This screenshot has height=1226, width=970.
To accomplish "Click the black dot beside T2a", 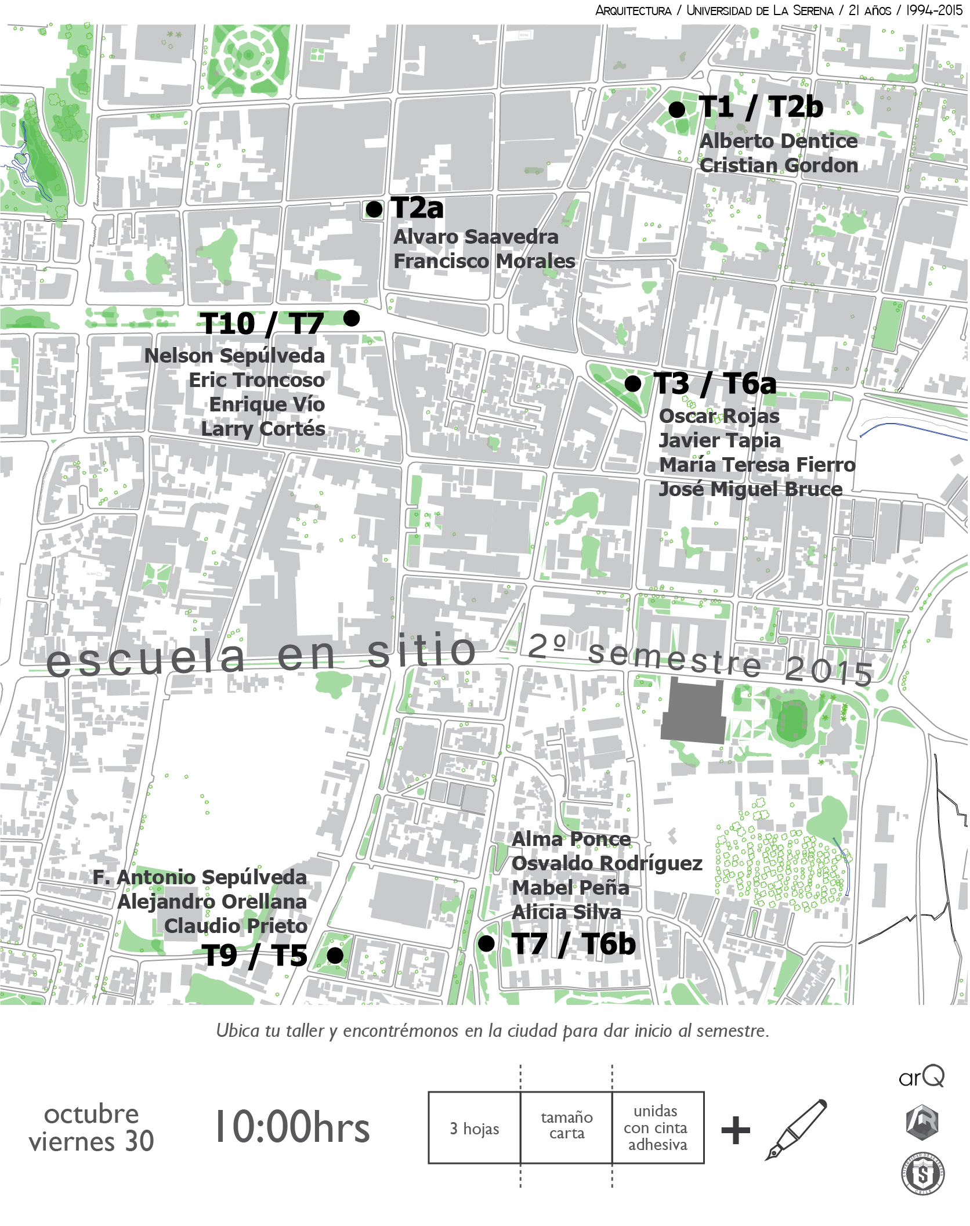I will pos(374,209).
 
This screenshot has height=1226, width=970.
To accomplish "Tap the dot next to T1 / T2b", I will pos(676,109).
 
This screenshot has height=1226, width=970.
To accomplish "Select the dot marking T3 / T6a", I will pos(632,384).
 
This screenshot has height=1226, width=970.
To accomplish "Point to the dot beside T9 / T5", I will pos(335,955).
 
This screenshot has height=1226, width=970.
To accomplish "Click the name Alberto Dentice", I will pos(778,141).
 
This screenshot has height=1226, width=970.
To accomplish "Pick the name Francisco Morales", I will pos(484,261).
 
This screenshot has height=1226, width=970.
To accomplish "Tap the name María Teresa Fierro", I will pos(757,465).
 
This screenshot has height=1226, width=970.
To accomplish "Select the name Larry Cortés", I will pos(263,429).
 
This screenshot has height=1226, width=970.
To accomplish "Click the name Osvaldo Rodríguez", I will pos(607,863).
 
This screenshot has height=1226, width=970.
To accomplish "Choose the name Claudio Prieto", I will pos(236,926).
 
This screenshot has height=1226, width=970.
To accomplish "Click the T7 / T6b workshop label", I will pos(574,944).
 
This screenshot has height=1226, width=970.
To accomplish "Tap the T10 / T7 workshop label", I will pos(262,323).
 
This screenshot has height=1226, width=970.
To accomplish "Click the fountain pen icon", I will pos(796,1129).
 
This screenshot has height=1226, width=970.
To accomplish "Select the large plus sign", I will pos(736,1130).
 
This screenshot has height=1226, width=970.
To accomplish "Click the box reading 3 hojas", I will pos(475,1129).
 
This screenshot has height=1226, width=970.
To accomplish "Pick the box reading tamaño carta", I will pos(566,1126).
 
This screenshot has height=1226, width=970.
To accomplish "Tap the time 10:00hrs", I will pos(292,1127).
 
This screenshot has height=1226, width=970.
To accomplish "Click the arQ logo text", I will pos(921,1077).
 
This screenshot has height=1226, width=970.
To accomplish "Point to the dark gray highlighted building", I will pos(694,713).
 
